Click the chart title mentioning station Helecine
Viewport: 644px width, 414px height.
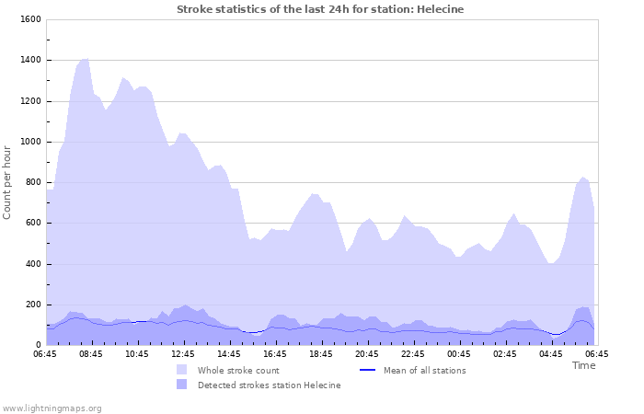[x=320, y=9]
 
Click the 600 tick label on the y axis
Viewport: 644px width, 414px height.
[x=32, y=223]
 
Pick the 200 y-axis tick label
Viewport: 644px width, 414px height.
[x=32, y=305]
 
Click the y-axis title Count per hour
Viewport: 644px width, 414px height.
[x=8, y=182]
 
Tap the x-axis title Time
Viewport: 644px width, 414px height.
[x=583, y=365]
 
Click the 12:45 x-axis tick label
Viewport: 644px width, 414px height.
[x=184, y=353]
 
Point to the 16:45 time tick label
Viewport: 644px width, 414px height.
[x=276, y=353]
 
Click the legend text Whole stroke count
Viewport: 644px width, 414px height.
[x=238, y=370]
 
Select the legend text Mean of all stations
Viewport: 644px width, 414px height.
[x=424, y=370]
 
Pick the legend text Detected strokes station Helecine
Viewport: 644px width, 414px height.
[x=269, y=385]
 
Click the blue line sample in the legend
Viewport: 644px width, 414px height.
[x=367, y=370]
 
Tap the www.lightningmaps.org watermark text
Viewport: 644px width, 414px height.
[x=52, y=408]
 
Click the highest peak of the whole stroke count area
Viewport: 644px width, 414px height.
[x=86, y=58]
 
